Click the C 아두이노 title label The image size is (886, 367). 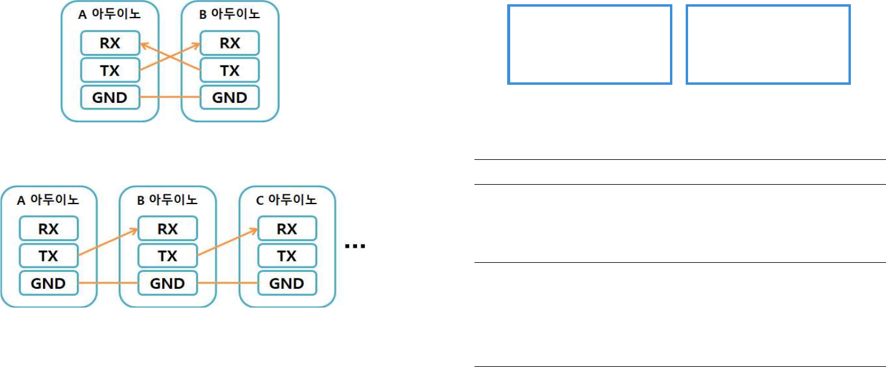286,199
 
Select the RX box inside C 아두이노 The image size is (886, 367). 287,229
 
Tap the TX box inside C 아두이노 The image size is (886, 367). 287,256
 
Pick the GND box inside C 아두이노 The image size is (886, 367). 287,283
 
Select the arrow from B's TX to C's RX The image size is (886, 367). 227,243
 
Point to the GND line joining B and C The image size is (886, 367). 227,283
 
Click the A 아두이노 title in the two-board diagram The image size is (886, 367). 109,16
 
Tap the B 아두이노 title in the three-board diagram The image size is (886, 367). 167,199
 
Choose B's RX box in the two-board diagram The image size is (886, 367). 229,43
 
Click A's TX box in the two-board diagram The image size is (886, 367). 110,70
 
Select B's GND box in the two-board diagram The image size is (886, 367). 229,97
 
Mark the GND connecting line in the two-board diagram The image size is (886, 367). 169,97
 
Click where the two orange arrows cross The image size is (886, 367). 169,57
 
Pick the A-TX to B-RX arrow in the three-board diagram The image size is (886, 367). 108,243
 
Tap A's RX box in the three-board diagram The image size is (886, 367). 48,229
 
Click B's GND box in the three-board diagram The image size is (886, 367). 167,283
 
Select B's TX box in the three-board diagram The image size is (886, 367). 167,256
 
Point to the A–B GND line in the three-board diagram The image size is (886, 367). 108,283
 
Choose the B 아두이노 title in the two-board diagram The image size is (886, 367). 229,16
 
